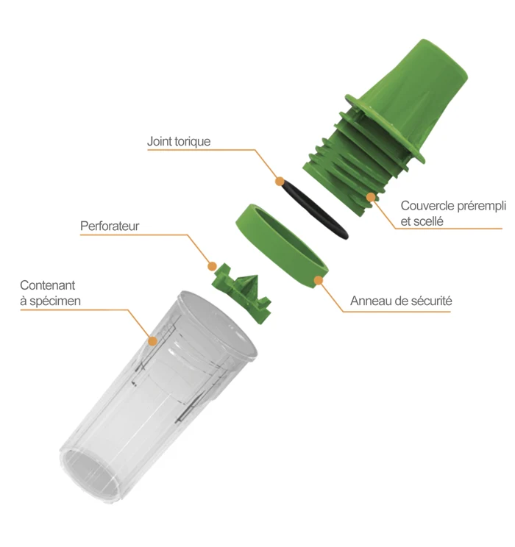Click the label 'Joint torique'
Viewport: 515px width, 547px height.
(x=179, y=141)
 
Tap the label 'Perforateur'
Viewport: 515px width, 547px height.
(x=110, y=226)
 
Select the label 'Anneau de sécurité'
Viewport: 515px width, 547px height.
(x=401, y=301)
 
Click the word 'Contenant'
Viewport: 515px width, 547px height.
(x=48, y=285)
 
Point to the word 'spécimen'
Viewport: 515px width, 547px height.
(x=55, y=301)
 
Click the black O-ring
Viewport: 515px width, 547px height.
(x=315, y=209)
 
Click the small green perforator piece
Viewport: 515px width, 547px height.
(x=241, y=293)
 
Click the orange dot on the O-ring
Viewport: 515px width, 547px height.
(x=280, y=182)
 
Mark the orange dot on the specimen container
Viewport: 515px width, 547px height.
(x=152, y=341)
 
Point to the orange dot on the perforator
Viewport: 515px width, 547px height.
(x=212, y=267)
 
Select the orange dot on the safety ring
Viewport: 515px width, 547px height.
(x=318, y=280)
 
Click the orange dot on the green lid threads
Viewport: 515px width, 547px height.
(x=371, y=198)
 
